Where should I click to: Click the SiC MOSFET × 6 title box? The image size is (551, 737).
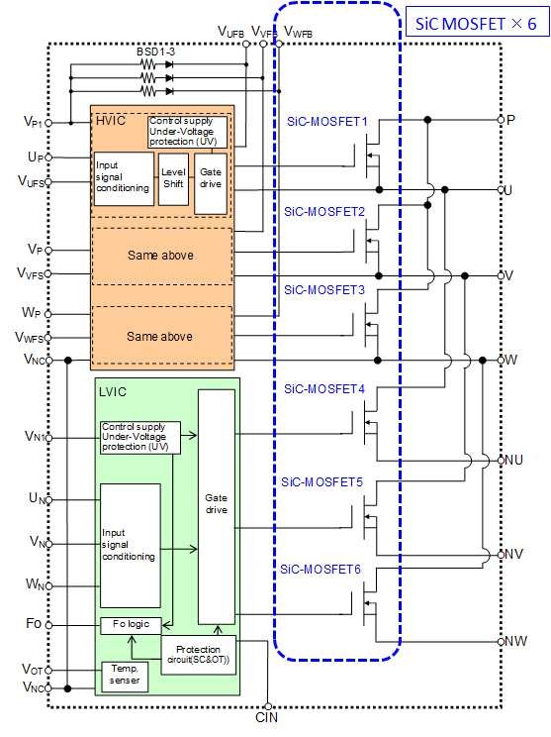(477, 22)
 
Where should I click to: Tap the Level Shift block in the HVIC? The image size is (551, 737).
(173, 178)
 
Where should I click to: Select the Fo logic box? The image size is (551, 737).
(131, 625)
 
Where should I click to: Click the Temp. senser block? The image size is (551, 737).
(125, 676)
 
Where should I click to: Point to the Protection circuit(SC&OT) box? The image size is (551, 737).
(199, 655)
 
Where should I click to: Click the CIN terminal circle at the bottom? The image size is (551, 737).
(267, 706)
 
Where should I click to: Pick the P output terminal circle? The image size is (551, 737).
(501, 120)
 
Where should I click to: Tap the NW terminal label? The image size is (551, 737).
(515, 641)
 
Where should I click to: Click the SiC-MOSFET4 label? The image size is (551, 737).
(324, 389)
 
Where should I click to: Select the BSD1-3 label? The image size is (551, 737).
(156, 52)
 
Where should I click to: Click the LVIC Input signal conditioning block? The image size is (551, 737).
(131, 545)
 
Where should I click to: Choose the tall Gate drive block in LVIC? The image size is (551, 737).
(217, 507)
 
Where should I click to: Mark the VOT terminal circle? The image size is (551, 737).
(47, 670)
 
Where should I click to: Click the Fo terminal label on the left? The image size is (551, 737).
(34, 624)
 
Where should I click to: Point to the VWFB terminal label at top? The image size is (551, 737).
(299, 33)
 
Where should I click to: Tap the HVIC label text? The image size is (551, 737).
(111, 121)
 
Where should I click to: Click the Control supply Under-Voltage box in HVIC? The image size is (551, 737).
(187, 132)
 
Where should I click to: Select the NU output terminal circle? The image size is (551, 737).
(501, 461)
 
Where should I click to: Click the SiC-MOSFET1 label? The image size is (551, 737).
(327, 121)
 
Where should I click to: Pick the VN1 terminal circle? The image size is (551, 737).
(48, 438)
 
